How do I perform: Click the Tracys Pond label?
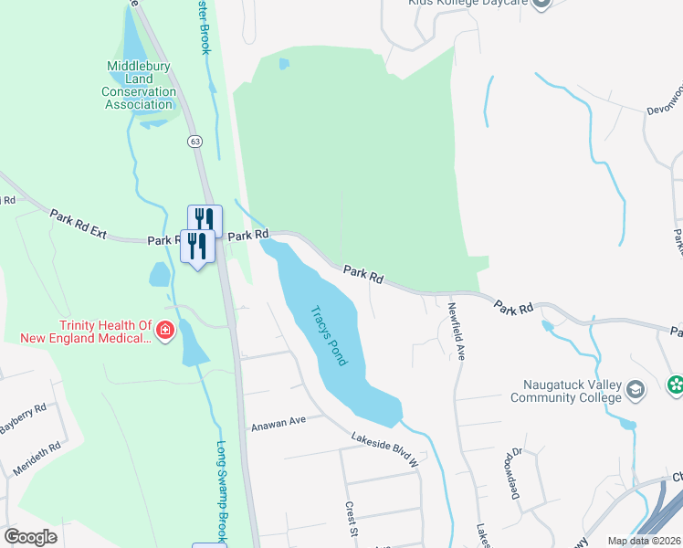point(330,335)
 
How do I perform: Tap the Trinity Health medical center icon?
point(165,330)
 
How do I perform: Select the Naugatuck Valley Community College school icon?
point(635,392)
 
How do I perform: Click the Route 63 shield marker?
point(194,141)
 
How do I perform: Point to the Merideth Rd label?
point(37,458)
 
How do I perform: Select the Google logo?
point(30,537)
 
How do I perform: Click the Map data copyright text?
point(644,541)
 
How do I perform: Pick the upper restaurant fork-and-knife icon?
point(205,219)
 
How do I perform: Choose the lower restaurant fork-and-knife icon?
point(197,245)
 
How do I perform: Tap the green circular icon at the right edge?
point(676,385)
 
